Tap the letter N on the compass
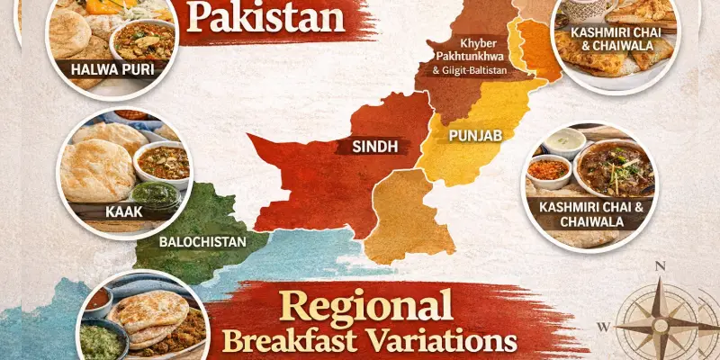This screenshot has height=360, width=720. pos(660,265)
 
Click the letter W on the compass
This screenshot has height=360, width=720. pos(604,326)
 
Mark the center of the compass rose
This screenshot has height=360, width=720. pos(661,326)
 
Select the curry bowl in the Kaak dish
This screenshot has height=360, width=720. pos(163,163)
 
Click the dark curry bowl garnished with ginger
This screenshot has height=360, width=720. pos(615,167)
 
